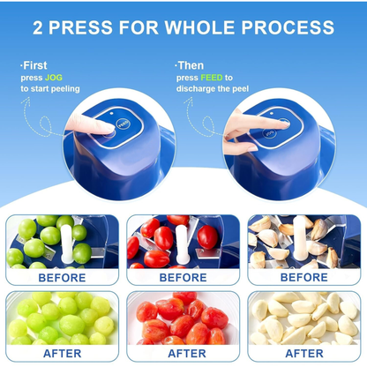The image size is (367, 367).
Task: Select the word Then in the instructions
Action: [x=191, y=65]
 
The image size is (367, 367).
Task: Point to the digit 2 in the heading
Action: [x=39, y=26]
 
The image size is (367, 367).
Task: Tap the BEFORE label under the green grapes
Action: [x=63, y=276]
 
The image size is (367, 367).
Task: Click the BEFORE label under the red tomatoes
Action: [x=183, y=276]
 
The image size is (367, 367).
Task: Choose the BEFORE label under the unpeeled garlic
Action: [x=303, y=276]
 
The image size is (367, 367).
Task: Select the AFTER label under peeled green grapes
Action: [x=63, y=353]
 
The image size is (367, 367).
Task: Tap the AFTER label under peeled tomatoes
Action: [x=183, y=353]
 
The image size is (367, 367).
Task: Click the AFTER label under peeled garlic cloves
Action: [x=303, y=353]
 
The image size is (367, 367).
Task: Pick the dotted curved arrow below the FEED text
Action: [x=190, y=110]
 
